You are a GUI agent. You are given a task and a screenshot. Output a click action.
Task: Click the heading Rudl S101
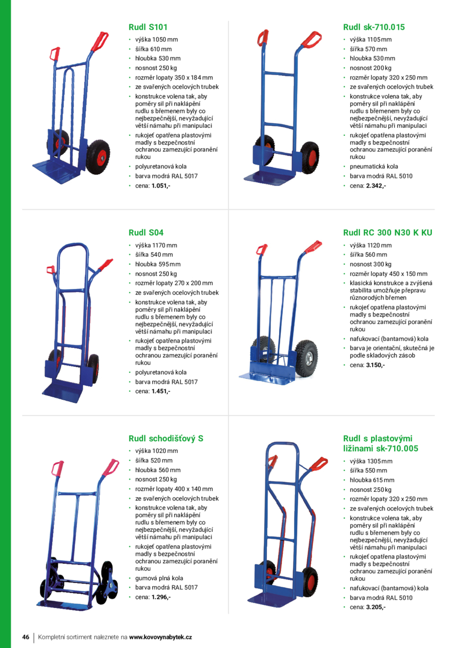[148, 27]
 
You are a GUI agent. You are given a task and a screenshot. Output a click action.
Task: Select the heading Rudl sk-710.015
[374, 27]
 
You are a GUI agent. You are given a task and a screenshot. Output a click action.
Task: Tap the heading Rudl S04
[146, 232]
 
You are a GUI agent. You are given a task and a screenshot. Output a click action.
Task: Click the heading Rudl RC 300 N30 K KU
[388, 232]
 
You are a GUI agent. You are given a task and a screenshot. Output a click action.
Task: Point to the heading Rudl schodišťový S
[166, 439]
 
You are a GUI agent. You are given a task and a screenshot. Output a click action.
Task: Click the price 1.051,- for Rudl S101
[161, 186]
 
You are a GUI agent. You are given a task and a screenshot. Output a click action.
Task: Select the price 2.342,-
[376, 186]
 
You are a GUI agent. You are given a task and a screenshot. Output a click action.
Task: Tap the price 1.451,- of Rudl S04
[161, 391]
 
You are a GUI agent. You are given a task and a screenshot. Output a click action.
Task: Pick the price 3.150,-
[375, 365]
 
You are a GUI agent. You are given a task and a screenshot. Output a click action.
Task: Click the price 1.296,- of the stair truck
[161, 597]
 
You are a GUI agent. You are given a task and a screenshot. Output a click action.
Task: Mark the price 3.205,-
[375, 607]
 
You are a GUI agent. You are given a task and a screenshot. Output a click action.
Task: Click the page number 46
[26, 637]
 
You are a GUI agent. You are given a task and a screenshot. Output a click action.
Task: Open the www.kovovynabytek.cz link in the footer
[160, 637]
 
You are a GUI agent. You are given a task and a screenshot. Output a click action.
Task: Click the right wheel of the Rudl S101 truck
[99, 157]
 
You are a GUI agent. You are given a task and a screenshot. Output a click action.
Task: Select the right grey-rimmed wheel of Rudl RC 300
[306, 358]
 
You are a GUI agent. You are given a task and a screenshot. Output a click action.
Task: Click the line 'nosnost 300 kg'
[370, 264]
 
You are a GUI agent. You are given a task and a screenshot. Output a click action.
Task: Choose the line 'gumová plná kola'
[159, 578]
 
